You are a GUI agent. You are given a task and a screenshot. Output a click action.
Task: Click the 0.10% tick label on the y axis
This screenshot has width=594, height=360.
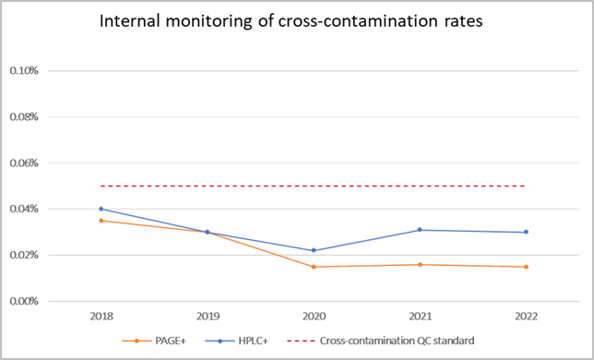(x=24, y=70)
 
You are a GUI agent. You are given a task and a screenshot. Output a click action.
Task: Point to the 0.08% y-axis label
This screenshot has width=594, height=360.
(x=24, y=116)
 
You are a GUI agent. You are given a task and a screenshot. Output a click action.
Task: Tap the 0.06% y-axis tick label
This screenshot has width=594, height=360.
(x=24, y=162)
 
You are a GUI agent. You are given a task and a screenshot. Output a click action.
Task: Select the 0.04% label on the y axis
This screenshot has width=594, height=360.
(x=24, y=209)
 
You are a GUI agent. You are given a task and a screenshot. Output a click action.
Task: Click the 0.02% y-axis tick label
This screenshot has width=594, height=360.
(x=24, y=255)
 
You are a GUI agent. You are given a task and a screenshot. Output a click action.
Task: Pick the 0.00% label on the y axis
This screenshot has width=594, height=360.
(x=24, y=301)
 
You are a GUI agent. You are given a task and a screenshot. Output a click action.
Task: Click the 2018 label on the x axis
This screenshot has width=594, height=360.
(x=101, y=317)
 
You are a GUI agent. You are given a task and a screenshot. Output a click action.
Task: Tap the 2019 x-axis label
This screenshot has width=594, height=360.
(x=207, y=317)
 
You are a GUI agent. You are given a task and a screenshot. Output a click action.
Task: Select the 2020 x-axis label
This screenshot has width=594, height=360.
(x=314, y=317)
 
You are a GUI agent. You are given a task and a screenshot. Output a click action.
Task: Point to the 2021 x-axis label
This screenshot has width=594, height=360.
(x=420, y=317)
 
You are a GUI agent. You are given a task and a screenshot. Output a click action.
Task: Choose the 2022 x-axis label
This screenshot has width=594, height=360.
(x=526, y=317)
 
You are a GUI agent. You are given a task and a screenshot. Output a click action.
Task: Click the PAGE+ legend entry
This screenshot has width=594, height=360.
(x=161, y=341)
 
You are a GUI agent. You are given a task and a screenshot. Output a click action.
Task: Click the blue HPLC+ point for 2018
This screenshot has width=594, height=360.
(x=101, y=209)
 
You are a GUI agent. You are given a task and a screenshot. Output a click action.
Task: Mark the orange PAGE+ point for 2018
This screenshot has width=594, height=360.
(x=101, y=221)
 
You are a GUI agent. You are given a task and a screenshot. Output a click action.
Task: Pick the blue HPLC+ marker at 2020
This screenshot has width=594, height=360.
(x=314, y=250)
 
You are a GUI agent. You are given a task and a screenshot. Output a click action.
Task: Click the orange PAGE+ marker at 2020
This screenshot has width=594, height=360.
(x=314, y=267)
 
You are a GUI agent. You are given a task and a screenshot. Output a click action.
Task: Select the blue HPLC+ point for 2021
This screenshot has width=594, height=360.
(x=420, y=230)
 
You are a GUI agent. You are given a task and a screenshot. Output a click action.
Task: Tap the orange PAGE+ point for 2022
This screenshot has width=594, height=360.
(x=526, y=267)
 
